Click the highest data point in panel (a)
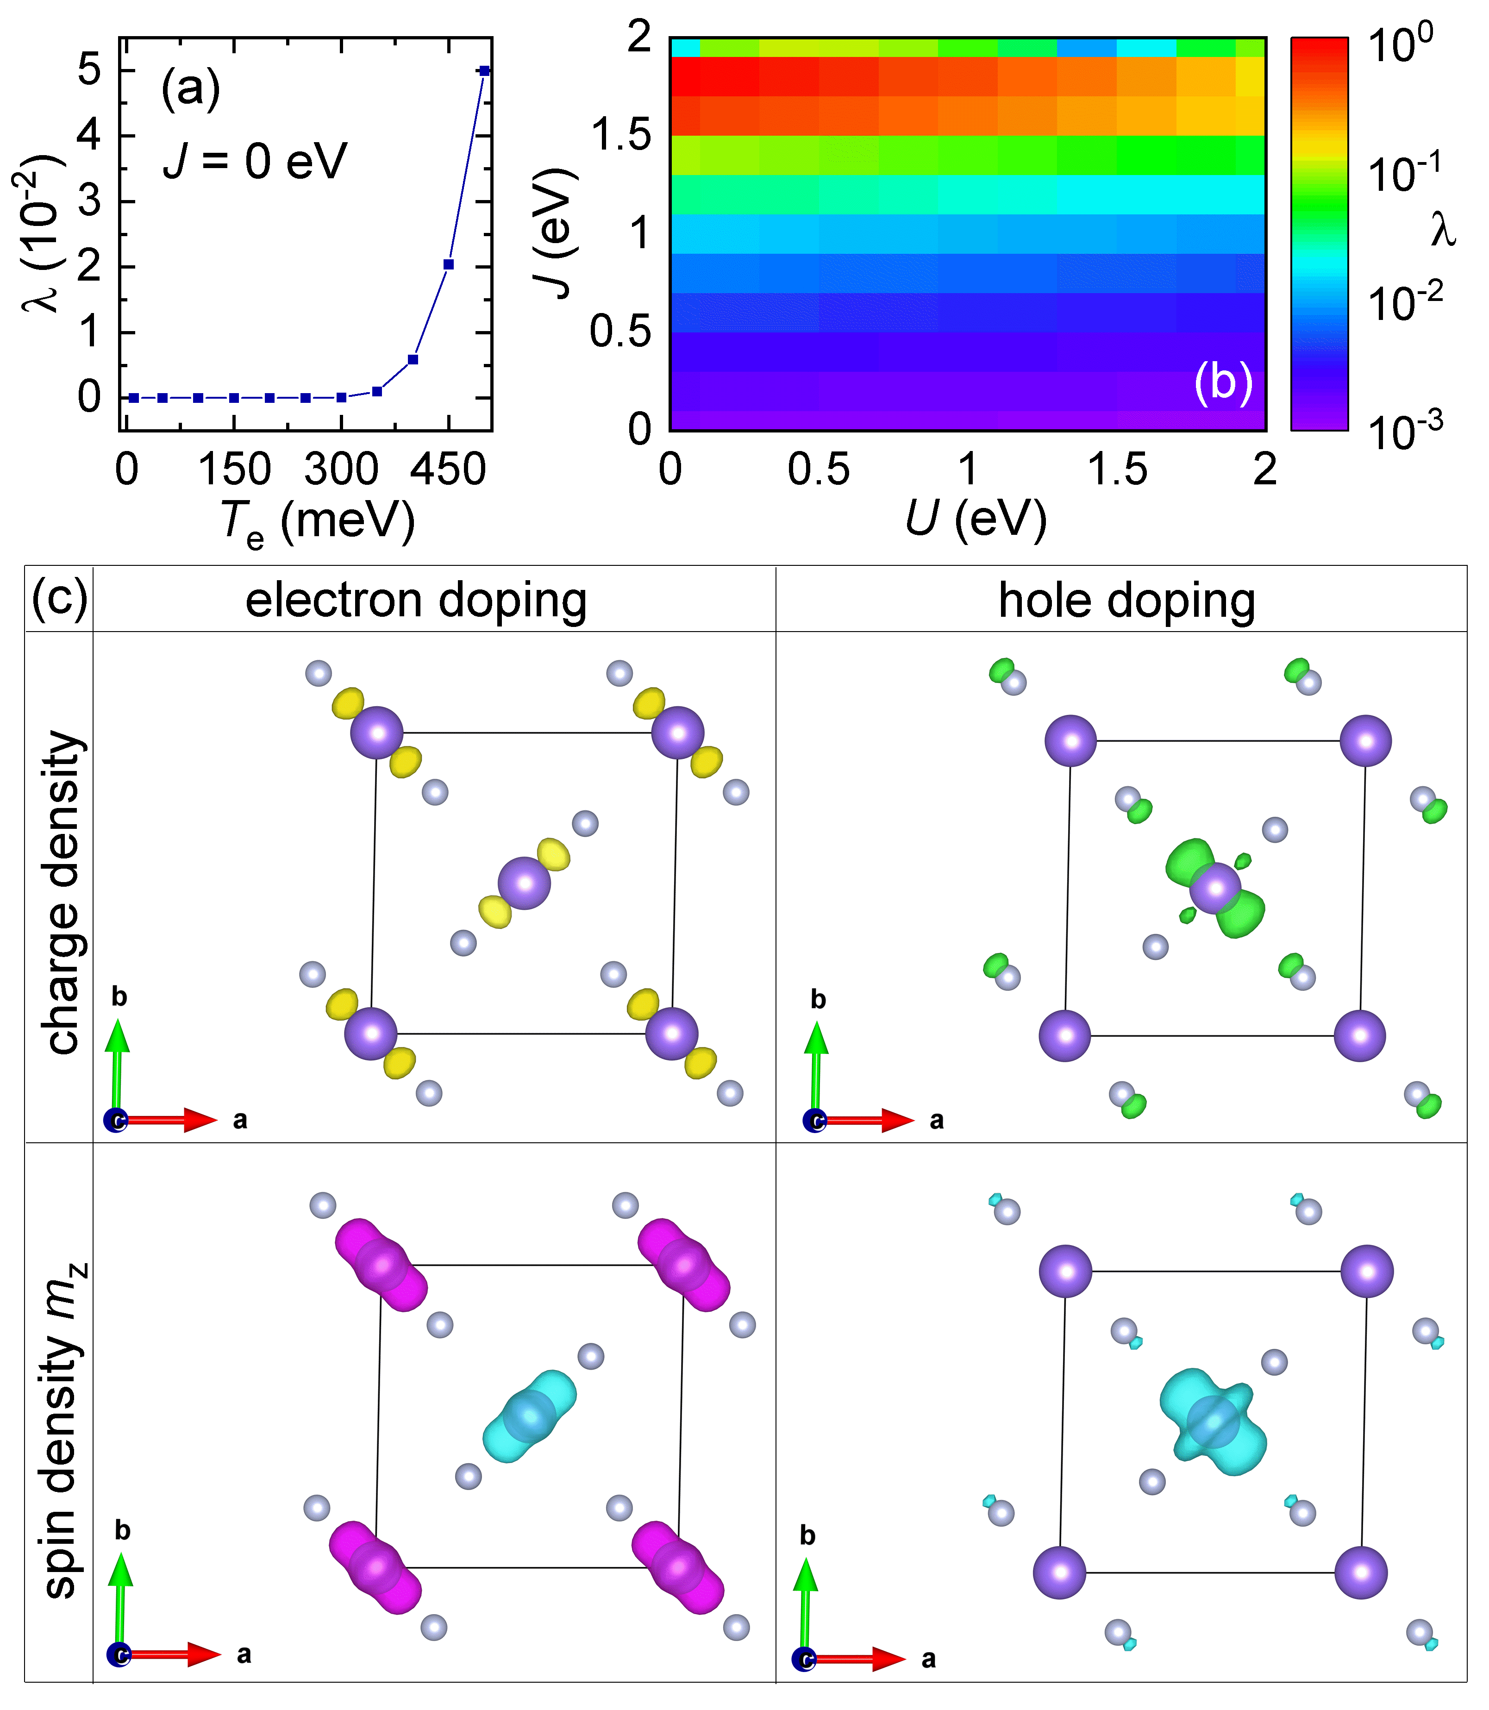click(484, 71)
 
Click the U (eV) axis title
click(976, 520)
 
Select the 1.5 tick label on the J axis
click(621, 135)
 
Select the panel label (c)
click(59, 598)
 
